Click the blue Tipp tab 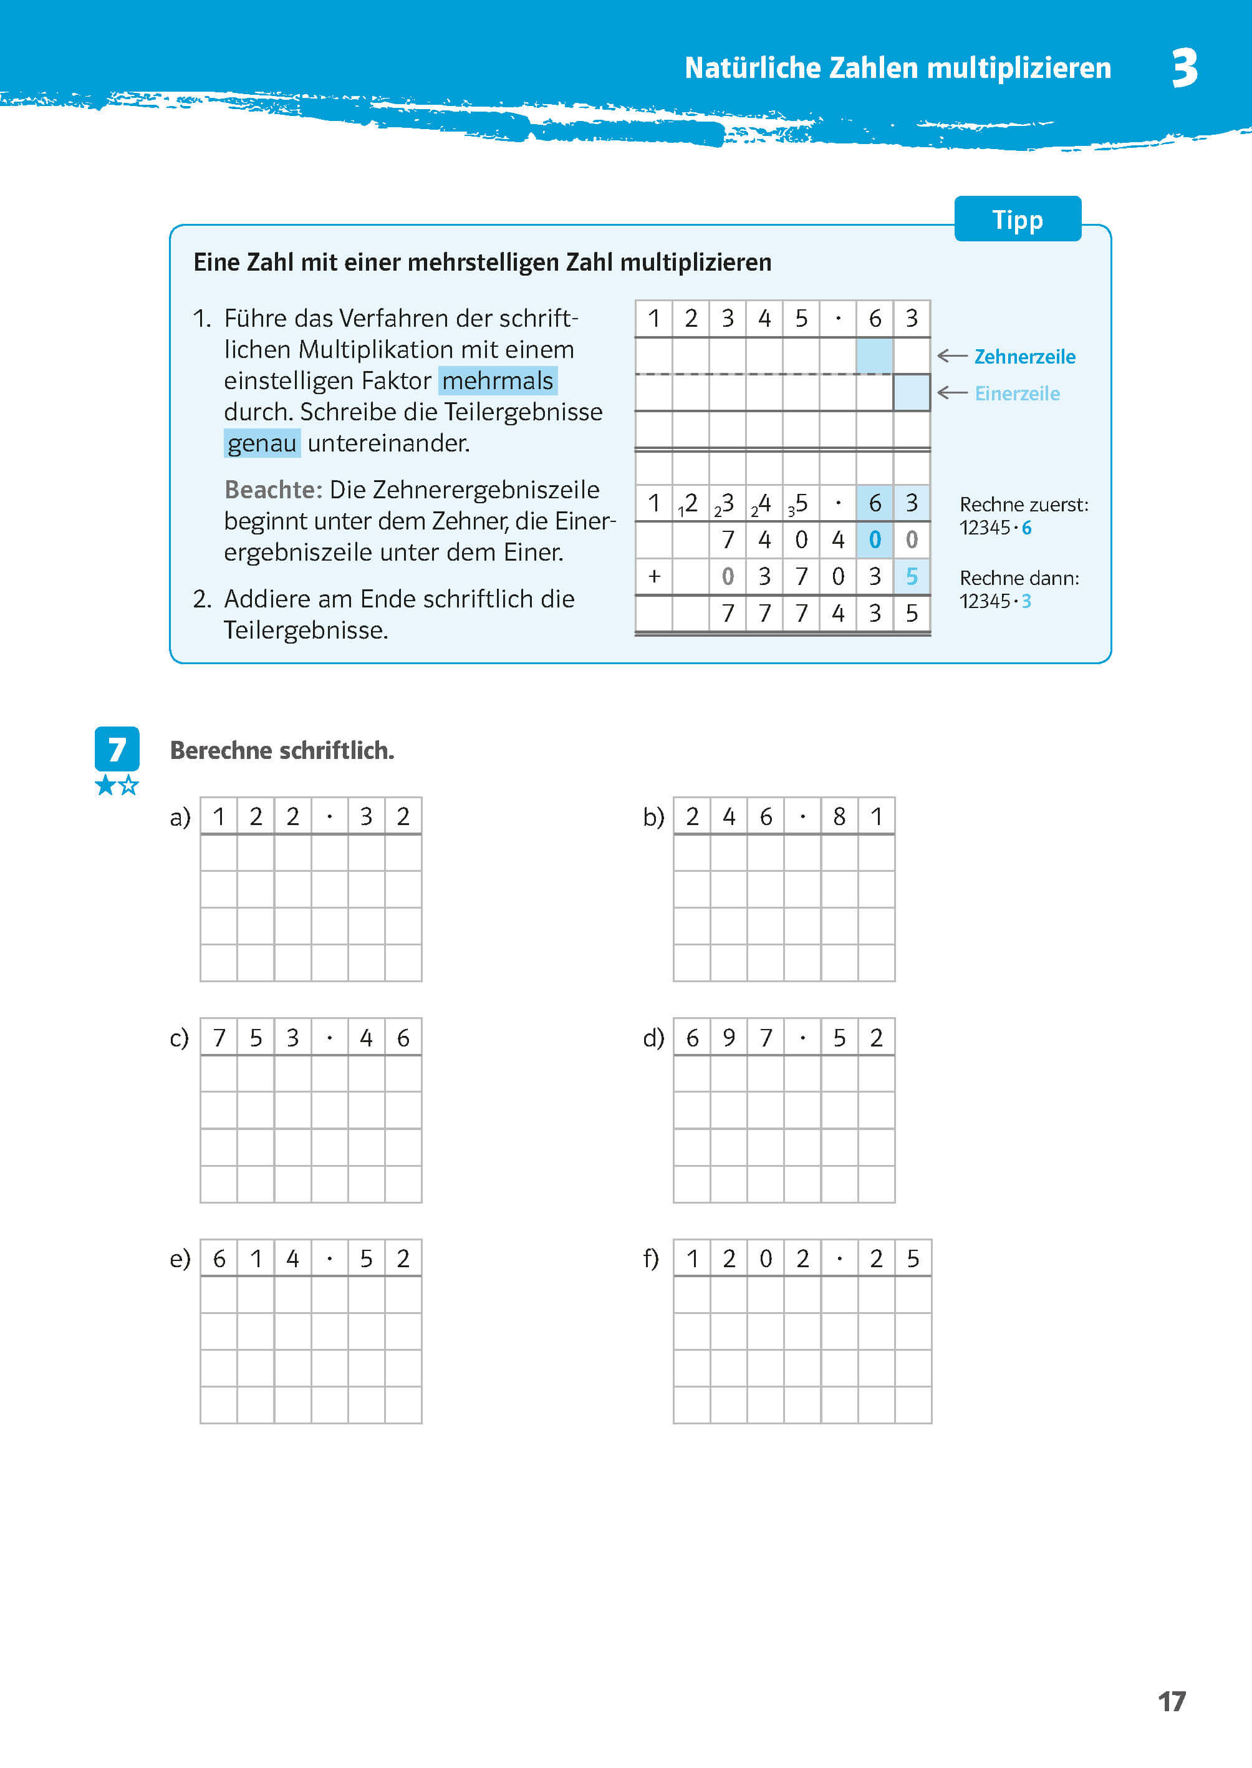(1017, 220)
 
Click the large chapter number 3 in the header (1185, 68)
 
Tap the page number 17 (1171, 1701)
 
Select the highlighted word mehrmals (498, 381)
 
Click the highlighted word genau (262, 443)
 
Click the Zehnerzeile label (1024, 357)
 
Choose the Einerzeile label (1017, 394)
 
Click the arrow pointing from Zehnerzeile (952, 356)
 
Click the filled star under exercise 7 (105, 786)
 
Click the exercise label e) (180, 1259)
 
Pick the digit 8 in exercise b (839, 816)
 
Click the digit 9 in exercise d (728, 1038)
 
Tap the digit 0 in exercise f (766, 1259)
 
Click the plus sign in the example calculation (655, 576)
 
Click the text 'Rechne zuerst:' (1024, 505)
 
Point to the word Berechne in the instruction (221, 750)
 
